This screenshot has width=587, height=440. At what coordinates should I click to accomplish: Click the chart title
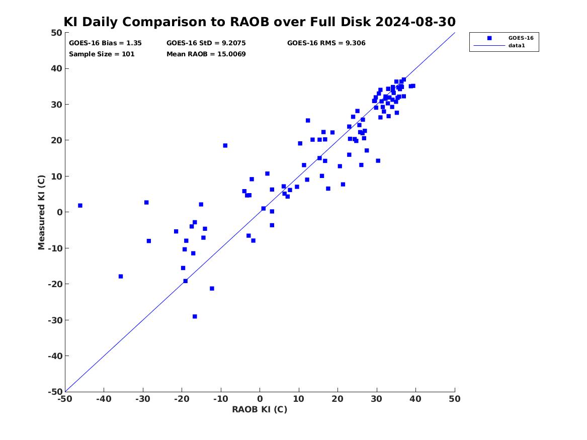pyautogui.click(x=260, y=22)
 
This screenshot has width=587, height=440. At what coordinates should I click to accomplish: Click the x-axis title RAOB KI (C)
pyautogui.click(x=260, y=409)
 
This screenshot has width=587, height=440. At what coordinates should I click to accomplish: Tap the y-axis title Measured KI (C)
pyautogui.click(x=42, y=212)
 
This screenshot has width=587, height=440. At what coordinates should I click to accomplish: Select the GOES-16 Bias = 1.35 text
pyautogui.click(x=105, y=43)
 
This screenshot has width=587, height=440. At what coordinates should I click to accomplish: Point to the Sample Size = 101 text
pyautogui.click(x=102, y=54)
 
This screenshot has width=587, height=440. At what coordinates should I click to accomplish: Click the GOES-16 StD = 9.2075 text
pyautogui.click(x=206, y=43)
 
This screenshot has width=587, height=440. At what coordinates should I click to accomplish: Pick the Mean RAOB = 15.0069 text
pyautogui.click(x=206, y=54)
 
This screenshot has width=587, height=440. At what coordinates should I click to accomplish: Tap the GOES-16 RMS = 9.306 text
pyautogui.click(x=326, y=43)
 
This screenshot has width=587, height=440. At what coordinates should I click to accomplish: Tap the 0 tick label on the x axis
pyautogui.click(x=260, y=399)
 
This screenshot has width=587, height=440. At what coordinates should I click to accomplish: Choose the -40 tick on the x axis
pyautogui.click(x=104, y=399)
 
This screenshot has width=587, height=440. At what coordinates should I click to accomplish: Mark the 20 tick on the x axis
pyautogui.click(x=338, y=399)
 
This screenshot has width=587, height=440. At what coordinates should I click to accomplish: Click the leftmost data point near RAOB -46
pyautogui.click(x=80, y=206)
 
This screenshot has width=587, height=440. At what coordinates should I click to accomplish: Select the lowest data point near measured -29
pyautogui.click(x=195, y=316)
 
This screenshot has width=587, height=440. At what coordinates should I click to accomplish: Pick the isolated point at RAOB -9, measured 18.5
pyautogui.click(x=225, y=145)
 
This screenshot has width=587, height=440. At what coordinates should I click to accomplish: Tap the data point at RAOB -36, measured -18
pyautogui.click(x=121, y=276)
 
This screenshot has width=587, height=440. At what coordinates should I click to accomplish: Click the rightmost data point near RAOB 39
pyautogui.click(x=413, y=85)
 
